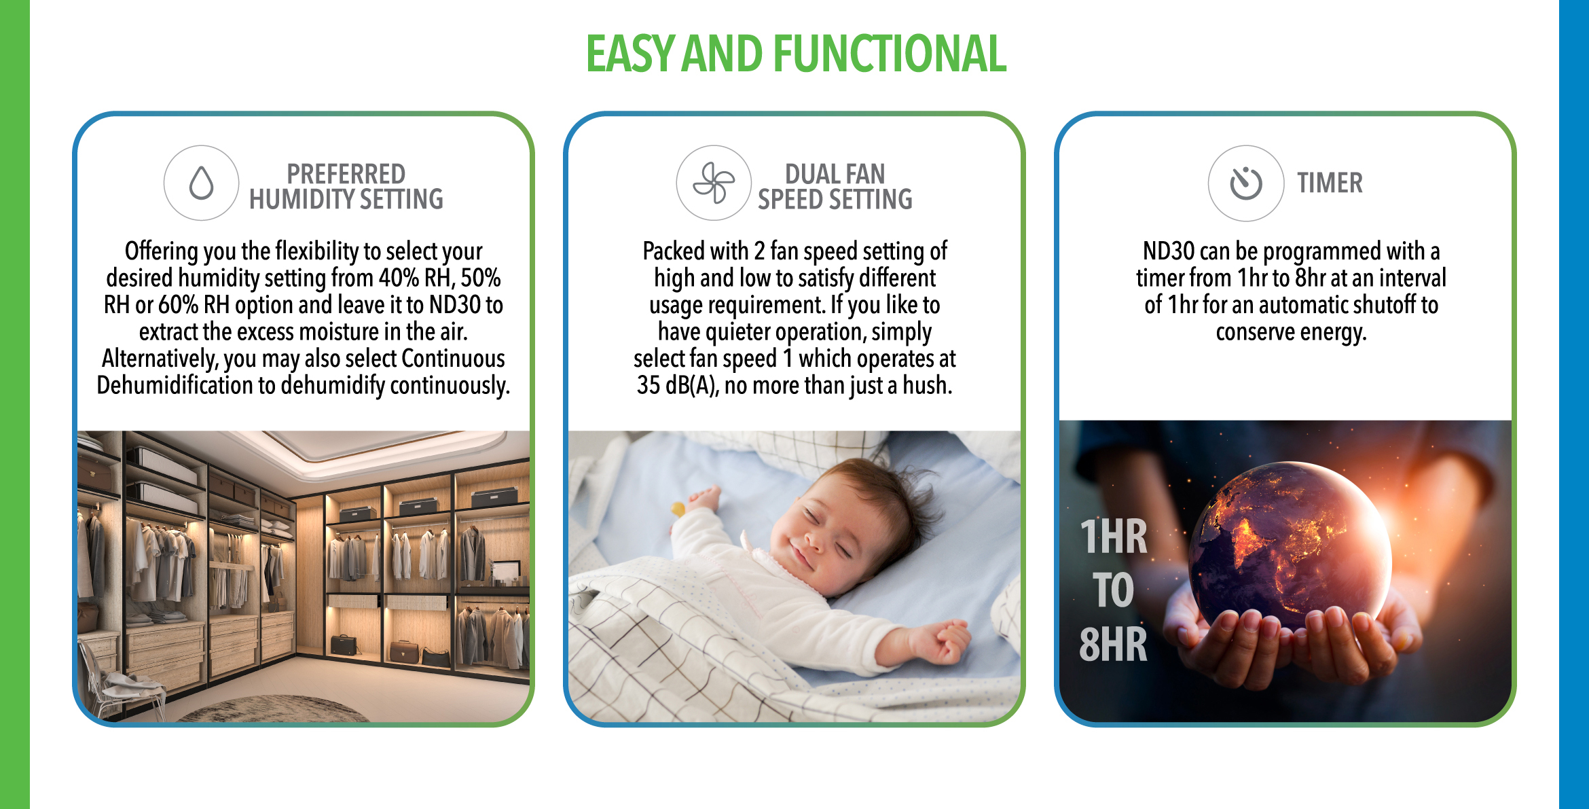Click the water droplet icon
tap(201, 183)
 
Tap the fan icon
tap(713, 183)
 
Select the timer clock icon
tap(1246, 183)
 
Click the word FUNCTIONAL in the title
tap(890, 54)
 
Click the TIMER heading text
tap(1330, 183)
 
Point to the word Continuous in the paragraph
tap(453, 358)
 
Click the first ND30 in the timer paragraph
tap(1169, 251)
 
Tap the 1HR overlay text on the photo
tap(1114, 537)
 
